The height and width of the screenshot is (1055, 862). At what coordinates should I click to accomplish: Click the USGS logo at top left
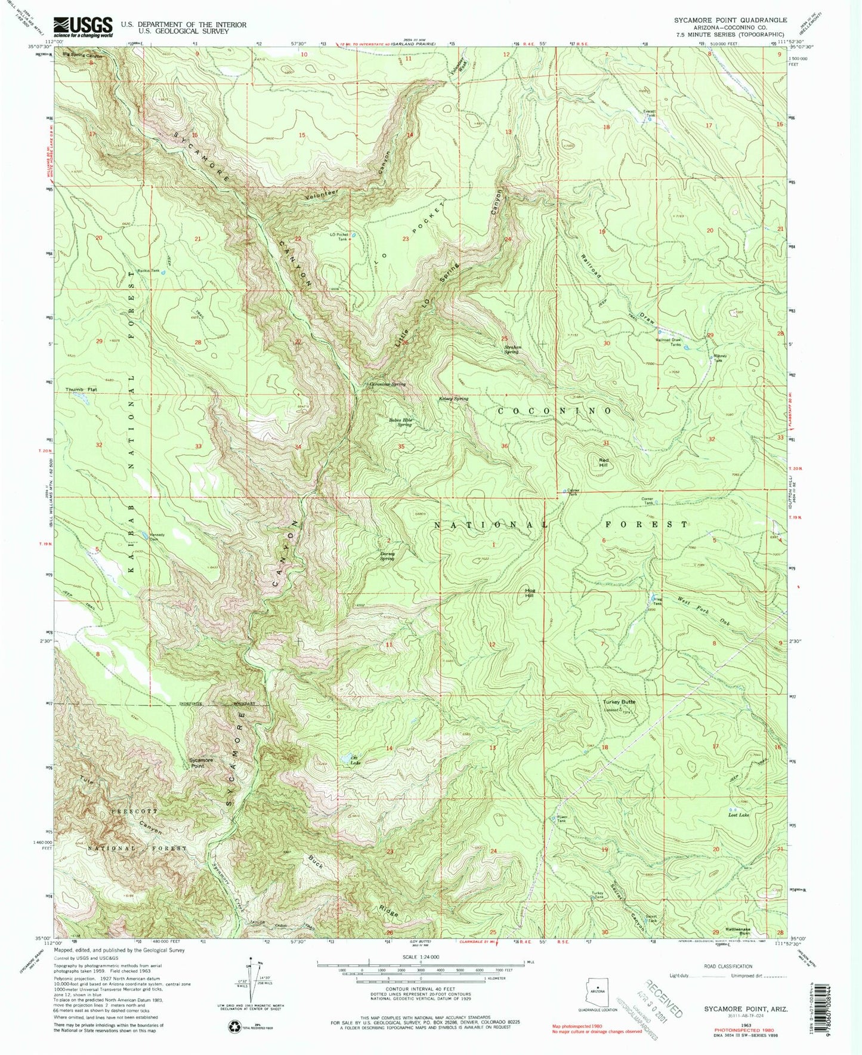coord(83,26)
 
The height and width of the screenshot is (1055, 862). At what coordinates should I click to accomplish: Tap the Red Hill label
coord(604,461)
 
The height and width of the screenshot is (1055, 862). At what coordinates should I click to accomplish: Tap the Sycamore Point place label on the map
coord(201,763)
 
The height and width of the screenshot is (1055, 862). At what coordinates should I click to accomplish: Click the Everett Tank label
coord(649,113)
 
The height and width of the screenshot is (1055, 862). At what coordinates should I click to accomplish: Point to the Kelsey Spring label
coord(454,399)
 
